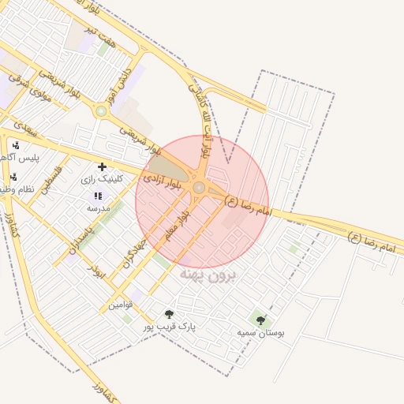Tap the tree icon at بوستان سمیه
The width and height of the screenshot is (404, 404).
click(x=261, y=320)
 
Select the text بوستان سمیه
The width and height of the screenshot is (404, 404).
click(x=261, y=333)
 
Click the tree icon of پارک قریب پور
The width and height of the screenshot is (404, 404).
click(x=169, y=314)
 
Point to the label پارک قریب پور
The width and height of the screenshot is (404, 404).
click(x=170, y=326)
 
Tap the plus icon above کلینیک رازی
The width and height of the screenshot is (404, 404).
click(x=102, y=166)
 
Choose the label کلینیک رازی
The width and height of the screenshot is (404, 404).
click(x=103, y=179)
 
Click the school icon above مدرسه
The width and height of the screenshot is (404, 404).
click(x=98, y=196)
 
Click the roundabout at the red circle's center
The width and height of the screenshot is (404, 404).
click(x=199, y=187)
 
